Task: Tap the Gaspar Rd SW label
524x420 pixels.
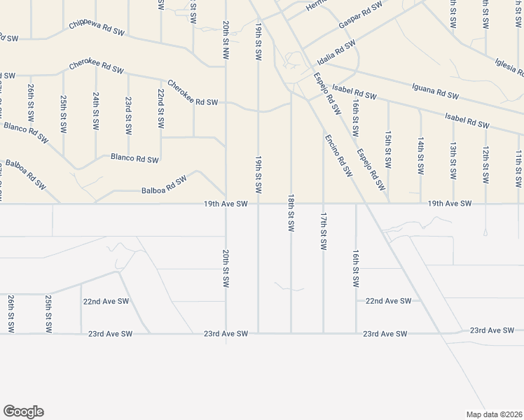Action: tap(360, 15)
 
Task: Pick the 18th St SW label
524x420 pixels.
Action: tap(290, 213)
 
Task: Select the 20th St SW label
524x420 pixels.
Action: tap(226, 269)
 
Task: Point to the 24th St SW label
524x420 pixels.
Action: tap(95, 111)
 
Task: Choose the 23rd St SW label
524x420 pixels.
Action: tap(127, 115)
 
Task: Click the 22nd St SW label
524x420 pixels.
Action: tap(160, 108)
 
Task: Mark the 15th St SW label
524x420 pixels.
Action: tap(387, 149)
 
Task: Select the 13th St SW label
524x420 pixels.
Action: tap(453, 162)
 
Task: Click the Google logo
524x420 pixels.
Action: tap(23, 412)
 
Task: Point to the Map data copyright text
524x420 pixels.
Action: tap(494, 414)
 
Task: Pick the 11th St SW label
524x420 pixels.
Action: tap(518, 169)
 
